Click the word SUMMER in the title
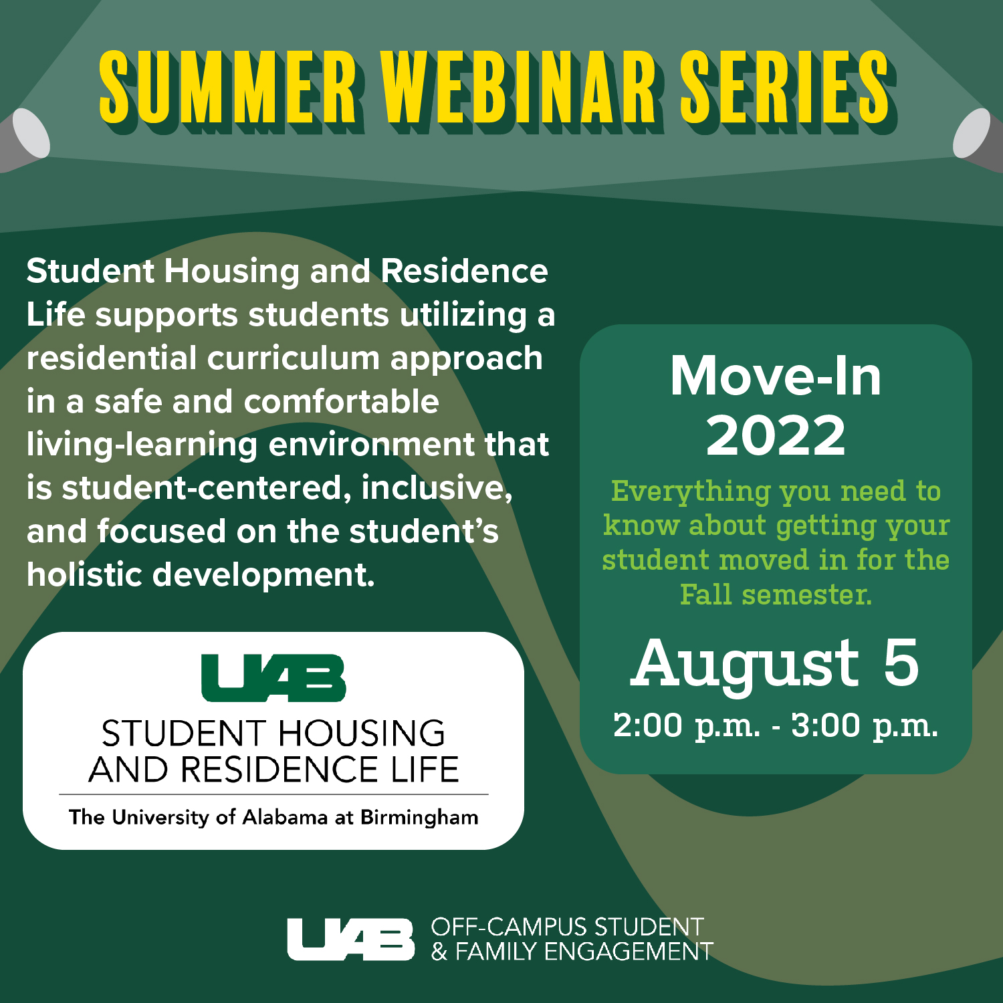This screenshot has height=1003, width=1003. coord(228,88)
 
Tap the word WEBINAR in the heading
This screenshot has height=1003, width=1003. coord(519,88)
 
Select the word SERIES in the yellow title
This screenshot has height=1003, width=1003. coord(786,88)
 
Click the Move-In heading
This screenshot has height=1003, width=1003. coord(776,376)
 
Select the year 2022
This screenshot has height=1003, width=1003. coord(776,435)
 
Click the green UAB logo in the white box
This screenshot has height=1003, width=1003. coord(273,678)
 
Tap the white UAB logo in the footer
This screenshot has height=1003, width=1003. coord(351,939)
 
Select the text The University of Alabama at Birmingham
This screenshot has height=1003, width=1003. coord(273,818)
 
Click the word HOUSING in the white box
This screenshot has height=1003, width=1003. coord(362,734)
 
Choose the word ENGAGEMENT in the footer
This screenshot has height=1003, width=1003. coord(629,952)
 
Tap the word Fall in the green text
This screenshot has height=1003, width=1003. coord(706,594)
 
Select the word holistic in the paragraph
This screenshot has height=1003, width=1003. coord(84,574)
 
